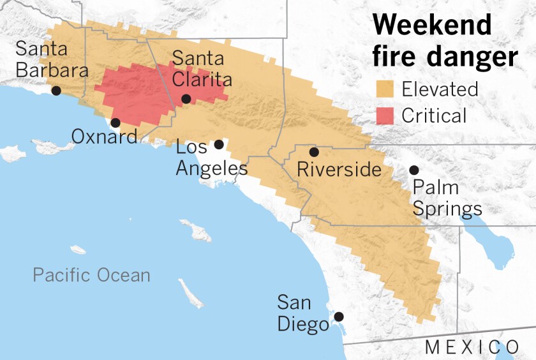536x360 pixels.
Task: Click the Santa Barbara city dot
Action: tap(56, 91)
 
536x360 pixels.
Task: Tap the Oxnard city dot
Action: tap(115, 123)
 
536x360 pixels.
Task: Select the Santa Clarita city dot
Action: tap(186, 98)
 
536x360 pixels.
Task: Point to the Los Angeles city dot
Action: tap(219, 144)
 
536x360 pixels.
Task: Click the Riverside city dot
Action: tap(314, 152)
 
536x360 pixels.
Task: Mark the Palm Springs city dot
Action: tap(414, 170)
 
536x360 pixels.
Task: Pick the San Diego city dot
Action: tap(339, 316)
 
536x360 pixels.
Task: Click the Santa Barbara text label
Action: tap(51, 59)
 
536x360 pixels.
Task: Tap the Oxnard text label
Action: tap(104, 137)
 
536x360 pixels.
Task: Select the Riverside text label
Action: tap(339, 170)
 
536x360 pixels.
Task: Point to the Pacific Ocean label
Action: tap(92, 276)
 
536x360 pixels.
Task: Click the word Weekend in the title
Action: tap(432, 26)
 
